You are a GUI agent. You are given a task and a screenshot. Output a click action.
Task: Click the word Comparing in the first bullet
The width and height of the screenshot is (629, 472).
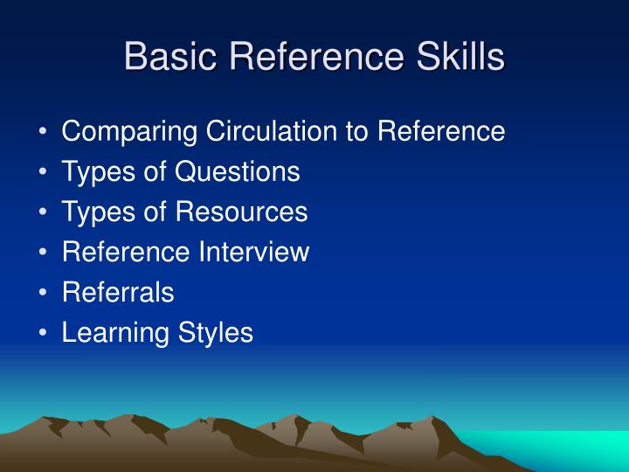pos(129,132)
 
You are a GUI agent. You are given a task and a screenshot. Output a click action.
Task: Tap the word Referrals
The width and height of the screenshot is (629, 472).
pos(118,293)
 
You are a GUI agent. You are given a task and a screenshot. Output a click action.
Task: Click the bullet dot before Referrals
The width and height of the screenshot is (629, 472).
pos(44,294)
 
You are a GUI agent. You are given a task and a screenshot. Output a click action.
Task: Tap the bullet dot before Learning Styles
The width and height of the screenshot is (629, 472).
pos(44,334)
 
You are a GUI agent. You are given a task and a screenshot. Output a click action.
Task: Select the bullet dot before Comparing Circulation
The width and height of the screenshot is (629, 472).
pos(44,133)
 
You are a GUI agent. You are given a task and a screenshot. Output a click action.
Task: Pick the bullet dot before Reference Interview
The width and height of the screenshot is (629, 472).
pos(44,253)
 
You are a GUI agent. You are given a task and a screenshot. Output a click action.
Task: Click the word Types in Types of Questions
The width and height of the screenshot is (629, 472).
pos(94,172)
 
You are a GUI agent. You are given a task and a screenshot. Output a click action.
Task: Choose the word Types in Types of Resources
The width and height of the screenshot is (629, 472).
pos(94,212)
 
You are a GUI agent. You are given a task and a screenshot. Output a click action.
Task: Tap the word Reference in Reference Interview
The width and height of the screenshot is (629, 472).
pos(128,253)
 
